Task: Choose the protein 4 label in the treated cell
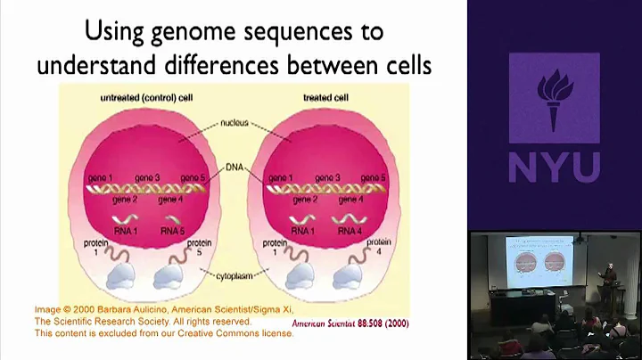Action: [378, 247]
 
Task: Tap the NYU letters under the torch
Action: [554, 166]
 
